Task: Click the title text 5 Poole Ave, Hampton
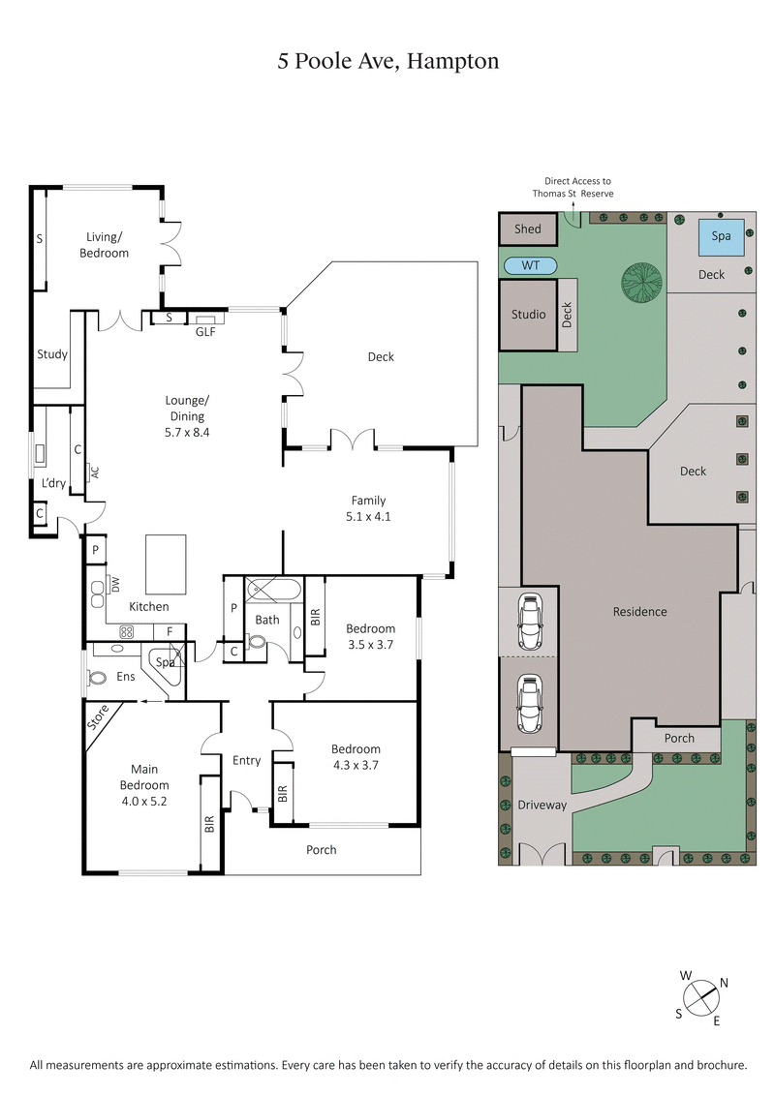(387, 62)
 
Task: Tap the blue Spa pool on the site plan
(722, 236)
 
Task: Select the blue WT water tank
(529, 265)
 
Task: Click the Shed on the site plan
(528, 229)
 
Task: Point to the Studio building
(528, 315)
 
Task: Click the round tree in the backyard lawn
(641, 282)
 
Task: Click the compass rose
(702, 997)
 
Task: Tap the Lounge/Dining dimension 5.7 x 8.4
(187, 433)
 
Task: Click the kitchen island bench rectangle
(166, 564)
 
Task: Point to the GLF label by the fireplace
(205, 331)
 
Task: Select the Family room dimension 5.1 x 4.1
(368, 516)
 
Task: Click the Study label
(52, 354)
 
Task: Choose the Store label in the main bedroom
(99, 718)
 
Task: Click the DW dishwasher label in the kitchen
(115, 584)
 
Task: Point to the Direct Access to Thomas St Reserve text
(577, 187)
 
